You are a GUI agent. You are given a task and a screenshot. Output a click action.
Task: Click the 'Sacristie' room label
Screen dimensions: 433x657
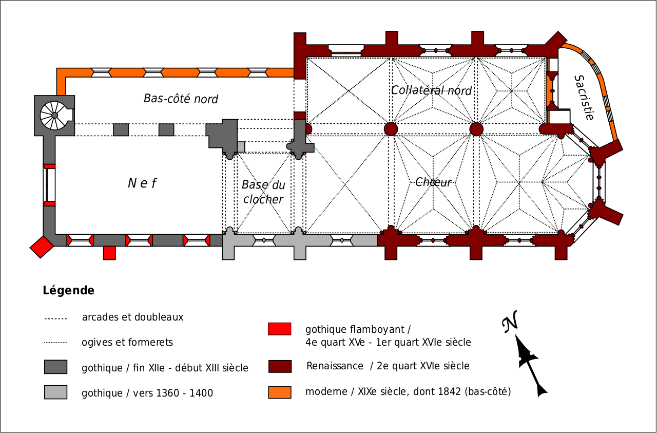click(x=584, y=98)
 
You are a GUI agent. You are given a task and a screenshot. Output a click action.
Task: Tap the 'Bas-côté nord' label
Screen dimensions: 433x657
click(x=181, y=99)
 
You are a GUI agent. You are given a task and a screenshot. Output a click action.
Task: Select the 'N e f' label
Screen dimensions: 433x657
click(x=142, y=183)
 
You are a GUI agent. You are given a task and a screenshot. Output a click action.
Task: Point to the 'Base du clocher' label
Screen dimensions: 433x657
click(x=263, y=192)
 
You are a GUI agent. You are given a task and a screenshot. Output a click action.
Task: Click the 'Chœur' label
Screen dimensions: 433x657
click(x=433, y=182)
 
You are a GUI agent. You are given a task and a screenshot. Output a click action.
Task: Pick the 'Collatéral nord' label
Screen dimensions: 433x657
click(x=431, y=91)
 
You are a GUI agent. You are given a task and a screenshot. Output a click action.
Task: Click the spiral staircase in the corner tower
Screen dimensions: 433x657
click(x=54, y=116)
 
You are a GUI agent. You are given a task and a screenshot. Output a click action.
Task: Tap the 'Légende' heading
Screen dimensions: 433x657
click(x=68, y=291)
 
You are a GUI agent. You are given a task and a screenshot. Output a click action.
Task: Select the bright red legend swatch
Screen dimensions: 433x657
click(x=279, y=329)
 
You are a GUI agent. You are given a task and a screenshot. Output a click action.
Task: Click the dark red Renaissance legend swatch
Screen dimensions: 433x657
click(x=279, y=366)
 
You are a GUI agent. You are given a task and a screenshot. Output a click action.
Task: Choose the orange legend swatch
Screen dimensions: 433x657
click(x=279, y=392)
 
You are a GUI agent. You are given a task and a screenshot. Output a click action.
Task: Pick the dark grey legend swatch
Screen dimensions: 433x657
click(x=55, y=367)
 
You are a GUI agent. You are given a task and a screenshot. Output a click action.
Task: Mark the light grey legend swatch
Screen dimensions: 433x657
click(x=55, y=392)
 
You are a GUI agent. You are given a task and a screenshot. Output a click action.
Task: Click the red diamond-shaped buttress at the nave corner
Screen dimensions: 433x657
click(x=42, y=247)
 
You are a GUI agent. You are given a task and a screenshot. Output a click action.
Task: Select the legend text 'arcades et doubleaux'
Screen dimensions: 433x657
click(x=132, y=317)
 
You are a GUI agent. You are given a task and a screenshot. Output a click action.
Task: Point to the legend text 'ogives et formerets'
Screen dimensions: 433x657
click(x=127, y=342)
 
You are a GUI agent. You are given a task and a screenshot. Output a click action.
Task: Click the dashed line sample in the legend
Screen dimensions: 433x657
click(x=55, y=318)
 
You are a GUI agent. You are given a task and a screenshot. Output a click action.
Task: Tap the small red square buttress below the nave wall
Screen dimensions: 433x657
click(x=109, y=253)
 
